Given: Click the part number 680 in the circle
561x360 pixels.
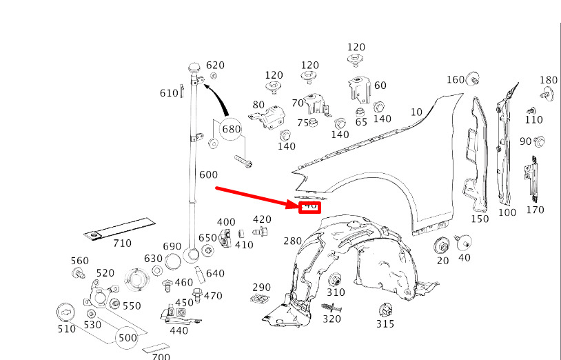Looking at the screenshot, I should coord(231,129).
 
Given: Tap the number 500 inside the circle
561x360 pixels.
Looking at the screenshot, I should coord(127,338).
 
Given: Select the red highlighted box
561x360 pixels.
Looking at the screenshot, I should coord(309,206).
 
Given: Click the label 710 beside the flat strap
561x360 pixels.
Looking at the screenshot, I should coord(122,243).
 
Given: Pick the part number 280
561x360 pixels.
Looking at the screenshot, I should coord(293,241).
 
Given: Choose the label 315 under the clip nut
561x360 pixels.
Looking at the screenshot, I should coord(385,323).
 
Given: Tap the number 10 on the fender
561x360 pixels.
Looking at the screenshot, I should coord(416,112).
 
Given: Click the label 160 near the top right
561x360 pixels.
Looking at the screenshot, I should coord(456,79).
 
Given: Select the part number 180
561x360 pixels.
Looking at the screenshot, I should coord(549,80).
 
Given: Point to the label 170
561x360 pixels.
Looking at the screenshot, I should coord(535,210).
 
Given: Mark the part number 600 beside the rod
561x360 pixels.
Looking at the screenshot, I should coord(208,174).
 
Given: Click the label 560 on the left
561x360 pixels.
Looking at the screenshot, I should coord(80,260).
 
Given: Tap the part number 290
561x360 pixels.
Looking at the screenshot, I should coord(261,287).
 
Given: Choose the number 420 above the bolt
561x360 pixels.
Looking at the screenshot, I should coord(262,219).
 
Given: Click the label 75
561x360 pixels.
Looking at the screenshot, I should coord(303,123).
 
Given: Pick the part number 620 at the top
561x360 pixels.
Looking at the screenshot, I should coord(216,65).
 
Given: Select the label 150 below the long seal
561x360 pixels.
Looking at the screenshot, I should coord(480,219).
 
